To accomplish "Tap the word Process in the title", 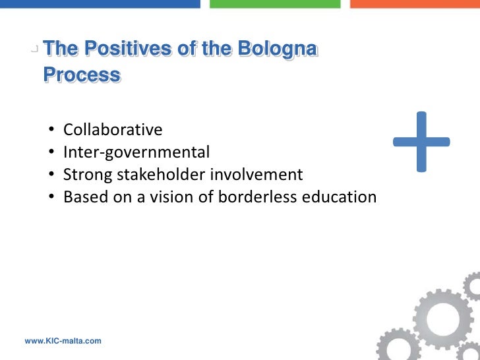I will [82, 75].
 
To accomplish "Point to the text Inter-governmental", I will [136, 152].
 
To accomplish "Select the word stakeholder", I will [163, 175].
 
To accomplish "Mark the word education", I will [340, 196].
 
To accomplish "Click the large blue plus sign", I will [421, 141].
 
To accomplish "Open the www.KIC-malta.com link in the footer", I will [63, 341].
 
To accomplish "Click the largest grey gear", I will [444, 320].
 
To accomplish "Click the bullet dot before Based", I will [52, 197].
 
